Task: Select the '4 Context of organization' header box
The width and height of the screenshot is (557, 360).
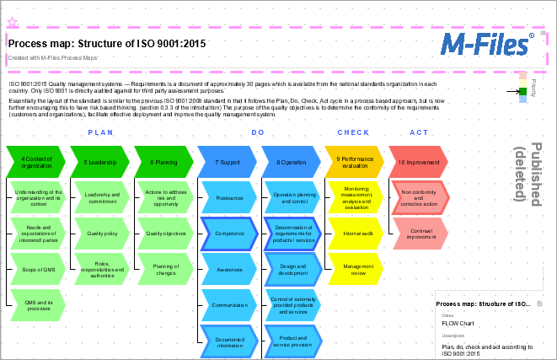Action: [x=36, y=162]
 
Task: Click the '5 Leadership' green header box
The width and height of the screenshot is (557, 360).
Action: [x=99, y=162]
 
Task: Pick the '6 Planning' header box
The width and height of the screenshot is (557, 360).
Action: [x=163, y=162]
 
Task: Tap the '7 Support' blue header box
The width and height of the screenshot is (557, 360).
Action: [x=227, y=162]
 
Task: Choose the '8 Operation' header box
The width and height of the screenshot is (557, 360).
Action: [x=291, y=162]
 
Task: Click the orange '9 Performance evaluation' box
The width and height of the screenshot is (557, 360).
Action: [x=354, y=162]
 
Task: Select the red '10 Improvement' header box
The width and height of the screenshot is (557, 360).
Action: [x=417, y=162]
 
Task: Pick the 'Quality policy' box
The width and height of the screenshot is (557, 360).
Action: [x=102, y=234]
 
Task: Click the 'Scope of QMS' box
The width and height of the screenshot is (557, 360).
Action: [x=39, y=269]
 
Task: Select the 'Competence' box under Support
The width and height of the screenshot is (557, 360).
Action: [x=229, y=234]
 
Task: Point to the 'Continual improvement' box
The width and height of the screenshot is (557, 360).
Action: [x=420, y=234]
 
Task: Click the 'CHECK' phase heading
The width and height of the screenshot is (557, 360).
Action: [x=353, y=133]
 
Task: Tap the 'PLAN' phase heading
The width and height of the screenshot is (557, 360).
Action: [x=100, y=133]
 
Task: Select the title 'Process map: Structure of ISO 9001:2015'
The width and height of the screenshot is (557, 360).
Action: [x=106, y=43]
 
